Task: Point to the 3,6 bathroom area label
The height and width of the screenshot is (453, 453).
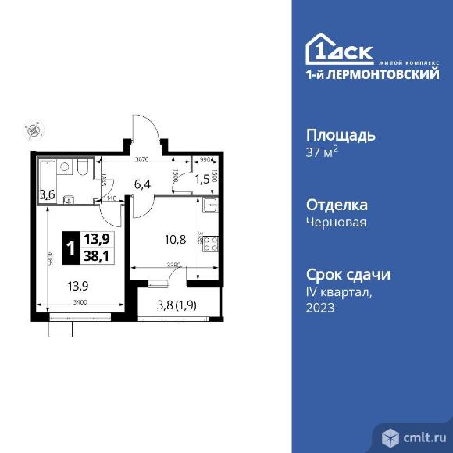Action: coord(47,194)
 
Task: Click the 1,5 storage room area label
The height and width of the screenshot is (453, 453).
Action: coord(202,179)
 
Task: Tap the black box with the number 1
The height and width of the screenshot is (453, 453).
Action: coord(72,249)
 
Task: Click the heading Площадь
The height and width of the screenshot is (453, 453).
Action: coord(341,134)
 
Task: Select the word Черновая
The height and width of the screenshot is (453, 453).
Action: coord(336,222)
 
